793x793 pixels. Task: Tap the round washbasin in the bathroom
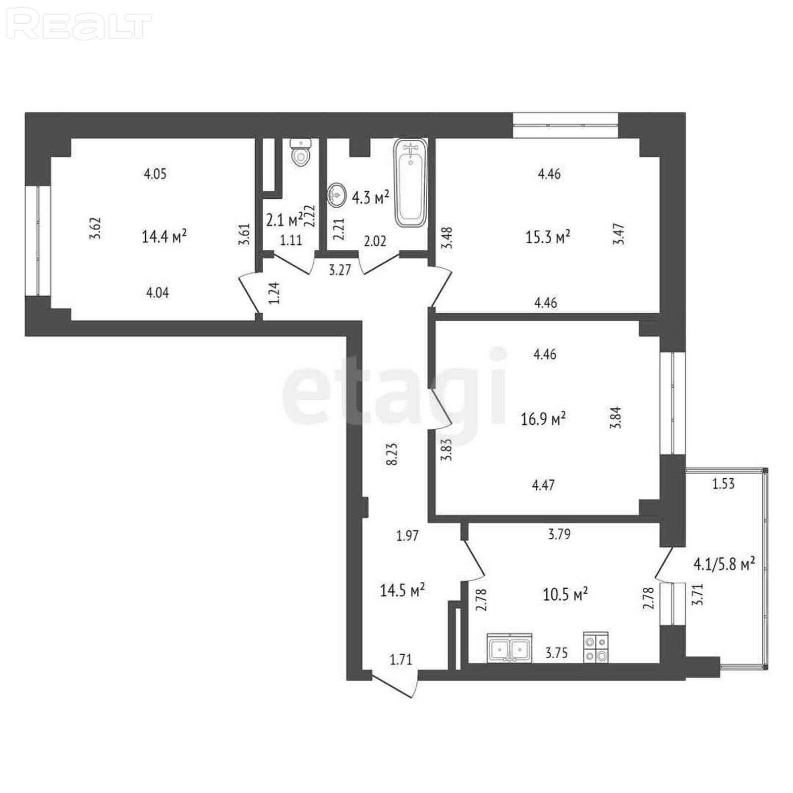pos(337,195)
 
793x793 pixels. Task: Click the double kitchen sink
pos(510,647)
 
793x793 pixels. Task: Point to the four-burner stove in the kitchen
pos(596,647)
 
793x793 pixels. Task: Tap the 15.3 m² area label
pos(547,236)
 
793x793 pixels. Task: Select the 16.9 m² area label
pos(543,419)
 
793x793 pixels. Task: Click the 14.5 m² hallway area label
pos(402,590)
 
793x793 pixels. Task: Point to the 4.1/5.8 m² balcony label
pos(724,564)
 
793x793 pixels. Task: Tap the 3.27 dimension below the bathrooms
pos(340,271)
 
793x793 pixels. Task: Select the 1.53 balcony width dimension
pos(723,483)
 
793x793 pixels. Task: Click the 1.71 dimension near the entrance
pos(401,659)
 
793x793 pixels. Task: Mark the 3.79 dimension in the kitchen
pos(559,534)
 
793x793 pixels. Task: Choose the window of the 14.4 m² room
pos(38,240)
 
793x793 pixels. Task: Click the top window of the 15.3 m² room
pos(566,125)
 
